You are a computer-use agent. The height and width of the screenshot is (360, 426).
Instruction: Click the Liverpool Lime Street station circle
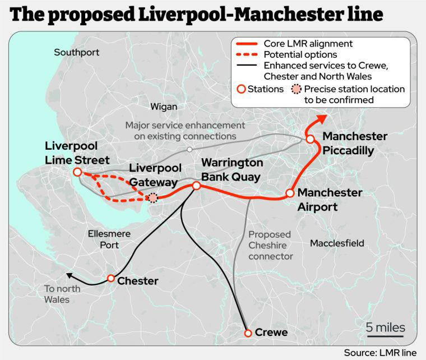(x=77, y=172)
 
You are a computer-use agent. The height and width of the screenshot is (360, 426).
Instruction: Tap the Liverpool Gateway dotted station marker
(x=152, y=197)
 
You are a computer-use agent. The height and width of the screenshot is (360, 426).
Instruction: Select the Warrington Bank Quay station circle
(x=196, y=186)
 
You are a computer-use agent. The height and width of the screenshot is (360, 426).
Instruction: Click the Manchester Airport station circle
(x=290, y=193)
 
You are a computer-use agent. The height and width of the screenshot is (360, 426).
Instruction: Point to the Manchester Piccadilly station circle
(x=310, y=139)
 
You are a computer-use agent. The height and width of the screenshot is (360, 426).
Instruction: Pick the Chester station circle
(x=111, y=278)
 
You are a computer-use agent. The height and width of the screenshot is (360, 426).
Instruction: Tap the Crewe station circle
(x=248, y=333)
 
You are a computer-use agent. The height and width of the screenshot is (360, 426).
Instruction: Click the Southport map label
(x=77, y=53)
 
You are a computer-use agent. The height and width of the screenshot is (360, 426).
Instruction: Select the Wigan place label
(x=164, y=107)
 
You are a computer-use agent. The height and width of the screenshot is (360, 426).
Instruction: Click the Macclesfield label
(x=337, y=243)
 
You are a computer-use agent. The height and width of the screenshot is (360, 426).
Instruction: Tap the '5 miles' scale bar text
(x=385, y=327)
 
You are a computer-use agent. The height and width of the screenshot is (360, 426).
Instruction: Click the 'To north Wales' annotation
(x=62, y=294)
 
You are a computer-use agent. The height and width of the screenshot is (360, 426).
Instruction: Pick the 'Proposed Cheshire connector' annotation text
(x=271, y=246)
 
